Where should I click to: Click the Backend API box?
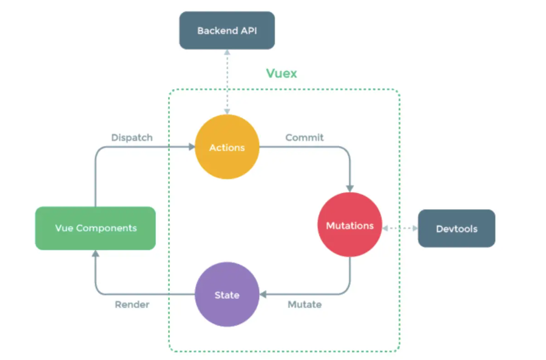(x=227, y=30)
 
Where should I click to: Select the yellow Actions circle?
(x=227, y=147)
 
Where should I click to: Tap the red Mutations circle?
(x=350, y=225)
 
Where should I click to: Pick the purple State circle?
(x=227, y=295)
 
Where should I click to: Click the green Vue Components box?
(x=95, y=228)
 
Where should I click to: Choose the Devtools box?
(x=456, y=228)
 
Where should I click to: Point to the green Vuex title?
(x=281, y=73)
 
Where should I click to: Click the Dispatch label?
(x=132, y=137)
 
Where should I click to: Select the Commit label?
(x=305, y=137)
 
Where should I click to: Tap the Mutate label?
(x=305, y=304)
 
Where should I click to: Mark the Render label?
(x=132, y=304)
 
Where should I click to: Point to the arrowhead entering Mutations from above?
(x=350, y=188)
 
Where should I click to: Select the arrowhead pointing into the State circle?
(x=263, y=295)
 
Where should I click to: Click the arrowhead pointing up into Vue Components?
(x=95, y=254)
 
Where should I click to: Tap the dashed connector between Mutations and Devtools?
(x=400, y=228)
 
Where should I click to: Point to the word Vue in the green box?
(x=64, y=228)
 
